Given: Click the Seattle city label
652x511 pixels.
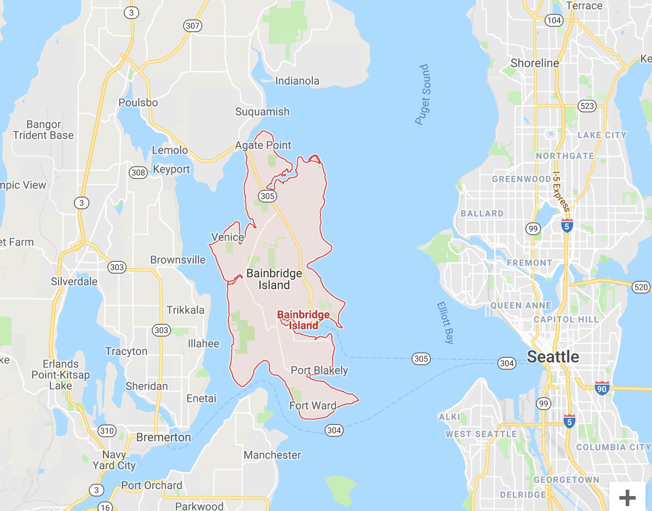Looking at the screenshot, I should [553, 357].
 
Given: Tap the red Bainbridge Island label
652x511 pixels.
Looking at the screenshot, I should [303, 320].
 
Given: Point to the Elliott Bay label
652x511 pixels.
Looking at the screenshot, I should [445, 323].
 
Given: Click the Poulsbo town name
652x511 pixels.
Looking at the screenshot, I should [138, 103].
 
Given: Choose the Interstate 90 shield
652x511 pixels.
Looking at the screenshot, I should [602, 388].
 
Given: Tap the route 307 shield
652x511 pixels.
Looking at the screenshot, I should [193, 26].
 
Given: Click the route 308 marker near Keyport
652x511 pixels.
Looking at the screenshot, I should [138, 172].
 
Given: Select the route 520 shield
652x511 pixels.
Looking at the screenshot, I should [641, 287].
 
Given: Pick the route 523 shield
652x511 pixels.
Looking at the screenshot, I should [587, 106].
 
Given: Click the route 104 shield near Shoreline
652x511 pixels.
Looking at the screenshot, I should [554, 20].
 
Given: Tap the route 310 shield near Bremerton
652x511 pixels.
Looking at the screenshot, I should [107, 430].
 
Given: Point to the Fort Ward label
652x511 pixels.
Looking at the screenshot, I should [313, 405].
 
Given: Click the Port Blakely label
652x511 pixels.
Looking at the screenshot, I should [319, 370].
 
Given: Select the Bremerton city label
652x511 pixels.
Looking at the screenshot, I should [163, 437].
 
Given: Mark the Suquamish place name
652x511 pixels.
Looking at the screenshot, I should [262, 111].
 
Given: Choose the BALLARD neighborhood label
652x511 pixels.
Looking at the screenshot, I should [482, 213].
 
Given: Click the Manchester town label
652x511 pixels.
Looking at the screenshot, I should [272, 455].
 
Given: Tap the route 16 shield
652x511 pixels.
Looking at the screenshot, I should [105, 507].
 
